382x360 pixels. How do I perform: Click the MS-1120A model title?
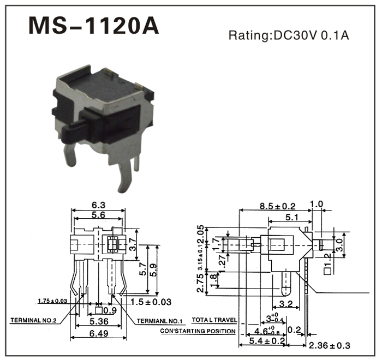click(93, 25)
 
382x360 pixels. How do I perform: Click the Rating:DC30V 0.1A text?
click(288, 36)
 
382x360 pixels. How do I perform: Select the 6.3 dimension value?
click(98, 205)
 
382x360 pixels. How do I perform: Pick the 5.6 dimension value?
click(98, 215)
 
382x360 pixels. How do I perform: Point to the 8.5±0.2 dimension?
click(277, 206)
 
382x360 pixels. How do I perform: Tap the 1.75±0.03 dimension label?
click(53, 301)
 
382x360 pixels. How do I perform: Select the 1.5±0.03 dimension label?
click(151, 302)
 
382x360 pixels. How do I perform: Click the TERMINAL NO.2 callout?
click(34, 320)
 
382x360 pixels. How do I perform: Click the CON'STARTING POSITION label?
click(198, 331)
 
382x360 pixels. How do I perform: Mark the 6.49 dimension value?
click(99, 332)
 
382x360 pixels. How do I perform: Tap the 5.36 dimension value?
click(99, 321)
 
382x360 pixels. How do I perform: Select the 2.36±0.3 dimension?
click(329, 346)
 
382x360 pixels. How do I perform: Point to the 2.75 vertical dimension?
click(200, 283)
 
